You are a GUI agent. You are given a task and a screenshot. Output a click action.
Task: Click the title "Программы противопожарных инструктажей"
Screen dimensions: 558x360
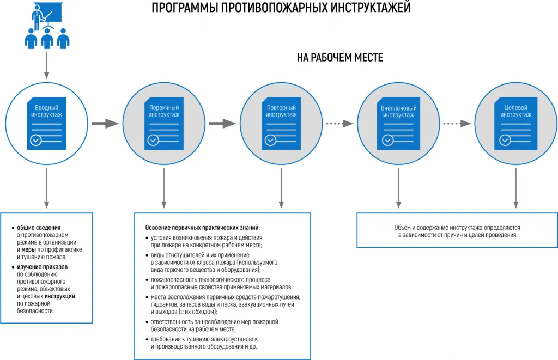[281, 8]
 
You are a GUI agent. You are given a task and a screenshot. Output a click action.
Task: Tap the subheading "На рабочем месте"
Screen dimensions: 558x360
[340, 58]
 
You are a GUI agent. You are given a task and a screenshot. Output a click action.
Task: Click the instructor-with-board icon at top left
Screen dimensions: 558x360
[47, 26]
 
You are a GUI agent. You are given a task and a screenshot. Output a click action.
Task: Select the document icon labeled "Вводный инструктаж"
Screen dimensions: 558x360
[47, 123]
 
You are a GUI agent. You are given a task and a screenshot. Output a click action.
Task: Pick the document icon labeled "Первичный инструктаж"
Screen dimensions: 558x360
[164, 123]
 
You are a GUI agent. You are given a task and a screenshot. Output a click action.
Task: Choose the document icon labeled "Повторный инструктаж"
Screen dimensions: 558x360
[281, 123]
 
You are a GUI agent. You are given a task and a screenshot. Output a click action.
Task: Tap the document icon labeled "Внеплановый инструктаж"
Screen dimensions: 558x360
[398, 123]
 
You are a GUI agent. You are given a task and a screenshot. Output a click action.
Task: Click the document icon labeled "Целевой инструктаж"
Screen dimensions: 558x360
[516, 123]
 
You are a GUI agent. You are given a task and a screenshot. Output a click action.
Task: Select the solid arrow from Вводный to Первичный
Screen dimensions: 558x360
[105, 124]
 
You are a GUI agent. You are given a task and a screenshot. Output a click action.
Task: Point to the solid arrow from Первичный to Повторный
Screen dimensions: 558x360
[222, 124]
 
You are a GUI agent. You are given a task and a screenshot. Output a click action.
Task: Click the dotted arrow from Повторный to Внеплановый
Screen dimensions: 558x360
[339, 124]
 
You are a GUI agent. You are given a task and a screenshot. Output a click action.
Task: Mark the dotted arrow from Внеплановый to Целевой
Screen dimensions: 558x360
[457, 124]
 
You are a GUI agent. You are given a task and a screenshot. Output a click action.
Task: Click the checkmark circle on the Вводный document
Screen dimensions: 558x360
[36, 140]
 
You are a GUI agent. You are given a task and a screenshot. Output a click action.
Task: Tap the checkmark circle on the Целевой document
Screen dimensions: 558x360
[505, 140]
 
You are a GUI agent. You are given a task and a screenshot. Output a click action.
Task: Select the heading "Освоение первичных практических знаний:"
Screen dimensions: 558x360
[203, 228]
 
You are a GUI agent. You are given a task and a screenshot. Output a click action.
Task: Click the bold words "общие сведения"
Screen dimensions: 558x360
[39, 228]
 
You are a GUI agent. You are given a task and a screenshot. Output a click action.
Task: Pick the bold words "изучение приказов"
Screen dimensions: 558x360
[43, 267]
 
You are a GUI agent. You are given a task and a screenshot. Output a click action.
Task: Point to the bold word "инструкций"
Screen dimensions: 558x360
[60, 296]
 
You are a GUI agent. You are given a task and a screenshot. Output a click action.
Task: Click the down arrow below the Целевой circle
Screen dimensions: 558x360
[516, 188]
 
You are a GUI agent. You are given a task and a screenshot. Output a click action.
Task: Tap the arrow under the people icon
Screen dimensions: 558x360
[47, 65]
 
